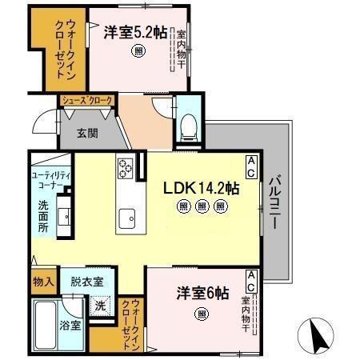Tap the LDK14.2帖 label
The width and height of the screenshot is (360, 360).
[x=201, y=190]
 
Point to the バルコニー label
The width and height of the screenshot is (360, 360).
[x=274, y=203]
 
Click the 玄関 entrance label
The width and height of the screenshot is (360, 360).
[x=88, y=134]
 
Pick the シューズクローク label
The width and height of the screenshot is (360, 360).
[x=88, y=100]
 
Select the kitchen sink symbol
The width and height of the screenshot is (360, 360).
[x=127, y=216]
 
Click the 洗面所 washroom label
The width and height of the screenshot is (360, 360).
[x=43, y=215]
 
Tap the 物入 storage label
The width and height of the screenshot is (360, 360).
[x=43, y=282]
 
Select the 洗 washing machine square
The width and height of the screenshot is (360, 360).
[x=100, y=305]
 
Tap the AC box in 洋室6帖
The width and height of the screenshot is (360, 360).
[x=250, y=279]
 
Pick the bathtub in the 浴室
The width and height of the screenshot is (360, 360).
[x=45, y=324]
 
